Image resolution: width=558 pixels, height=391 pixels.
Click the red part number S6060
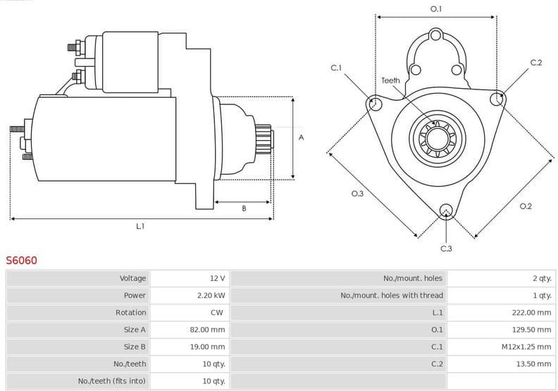click(22, 261)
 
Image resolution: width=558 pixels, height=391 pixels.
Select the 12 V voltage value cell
click(217, 279)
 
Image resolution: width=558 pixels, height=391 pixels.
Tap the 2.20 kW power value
click(211, 296)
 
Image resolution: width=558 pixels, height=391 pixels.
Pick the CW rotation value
click(217, 313)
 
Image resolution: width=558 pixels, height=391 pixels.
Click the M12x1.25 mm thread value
click(526, 347)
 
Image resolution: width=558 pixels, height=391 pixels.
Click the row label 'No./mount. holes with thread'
click(392, 296)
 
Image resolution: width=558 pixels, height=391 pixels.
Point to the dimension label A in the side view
click(302, 137)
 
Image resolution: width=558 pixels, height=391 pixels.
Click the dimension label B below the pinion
click(244, 208)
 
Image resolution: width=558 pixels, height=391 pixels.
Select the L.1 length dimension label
click(140, 226)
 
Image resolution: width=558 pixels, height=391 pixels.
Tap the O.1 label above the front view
click(436, 9)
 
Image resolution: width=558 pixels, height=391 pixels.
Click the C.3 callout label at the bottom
click(446, 248)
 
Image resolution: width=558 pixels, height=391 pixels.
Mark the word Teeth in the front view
click(390, 80)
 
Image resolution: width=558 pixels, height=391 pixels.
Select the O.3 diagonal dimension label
click(357, 193)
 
